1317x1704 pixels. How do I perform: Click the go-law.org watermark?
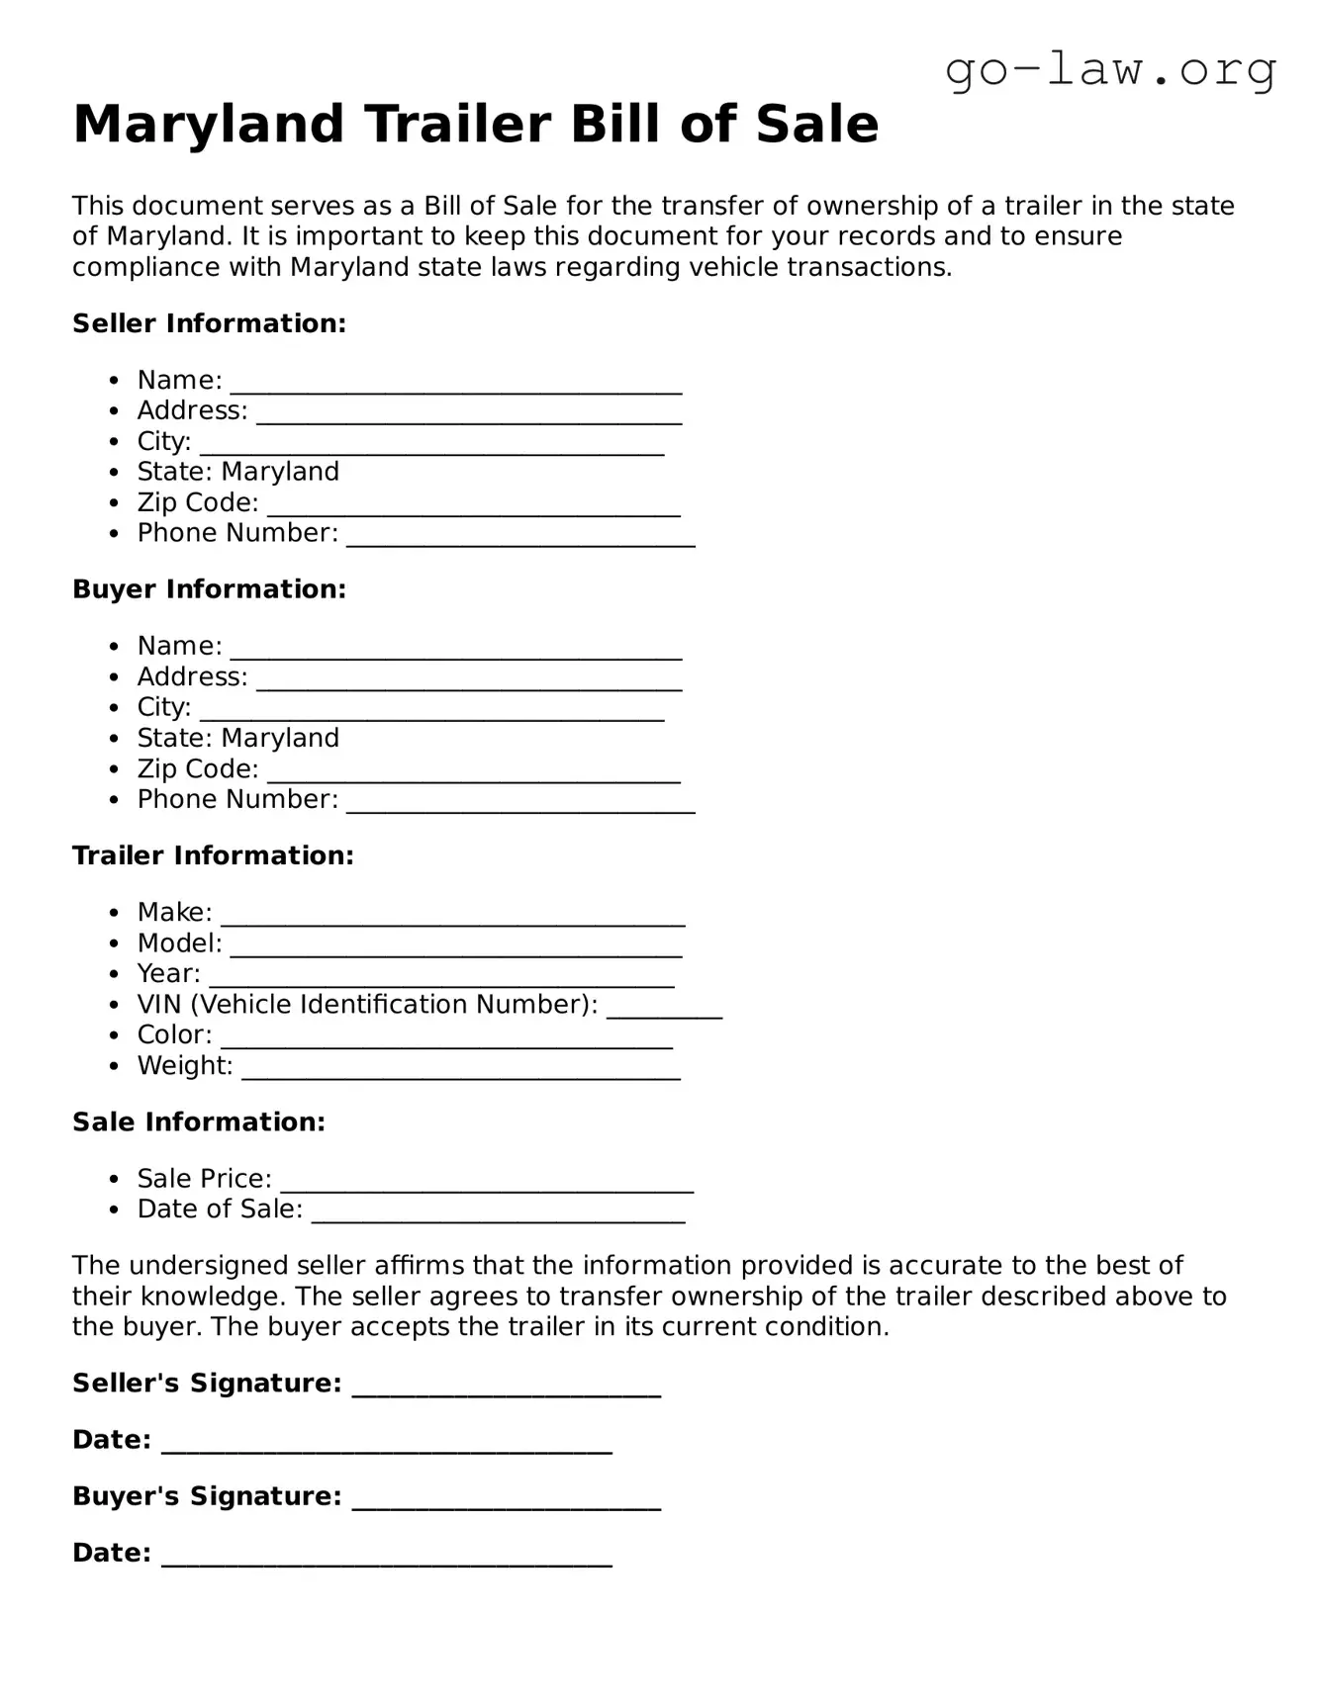coord(1110,70)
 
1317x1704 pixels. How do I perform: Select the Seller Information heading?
coord(209,323)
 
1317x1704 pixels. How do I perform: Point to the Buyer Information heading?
coord(209,589)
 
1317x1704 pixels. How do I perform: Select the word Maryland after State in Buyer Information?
coord(280,738)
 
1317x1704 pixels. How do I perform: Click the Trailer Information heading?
coord(213,855)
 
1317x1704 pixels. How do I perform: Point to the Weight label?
coord(185,1065)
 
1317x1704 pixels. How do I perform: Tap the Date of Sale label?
coord(220,1209)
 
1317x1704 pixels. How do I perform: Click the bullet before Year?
coord(116,974)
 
